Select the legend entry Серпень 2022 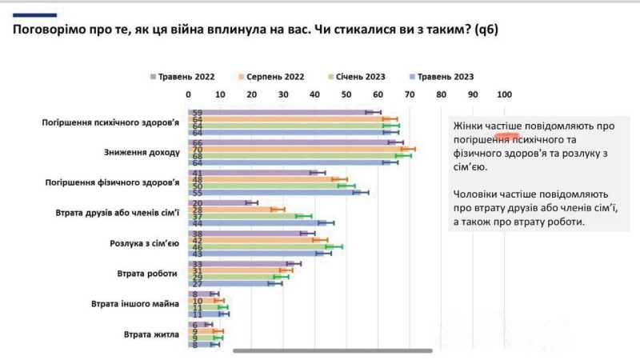[270, 77]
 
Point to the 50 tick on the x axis [346, 95]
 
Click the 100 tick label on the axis [504, 95]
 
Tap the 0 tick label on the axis [189, 95]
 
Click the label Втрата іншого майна [134, 304]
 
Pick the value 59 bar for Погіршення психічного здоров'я [281, 112]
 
